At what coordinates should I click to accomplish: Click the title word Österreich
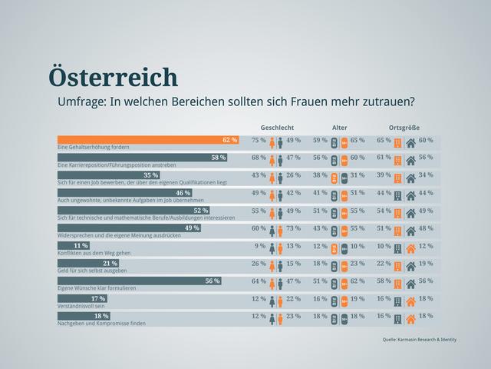(113, 77)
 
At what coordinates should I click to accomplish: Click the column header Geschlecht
(278, 128)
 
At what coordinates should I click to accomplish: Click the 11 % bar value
(81, 245)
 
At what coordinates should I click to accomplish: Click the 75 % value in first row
(259, 141)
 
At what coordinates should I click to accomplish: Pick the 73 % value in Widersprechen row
(293, 228)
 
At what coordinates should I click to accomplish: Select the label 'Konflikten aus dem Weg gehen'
(92, 253)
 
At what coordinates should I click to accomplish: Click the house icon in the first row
(410, 141)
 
